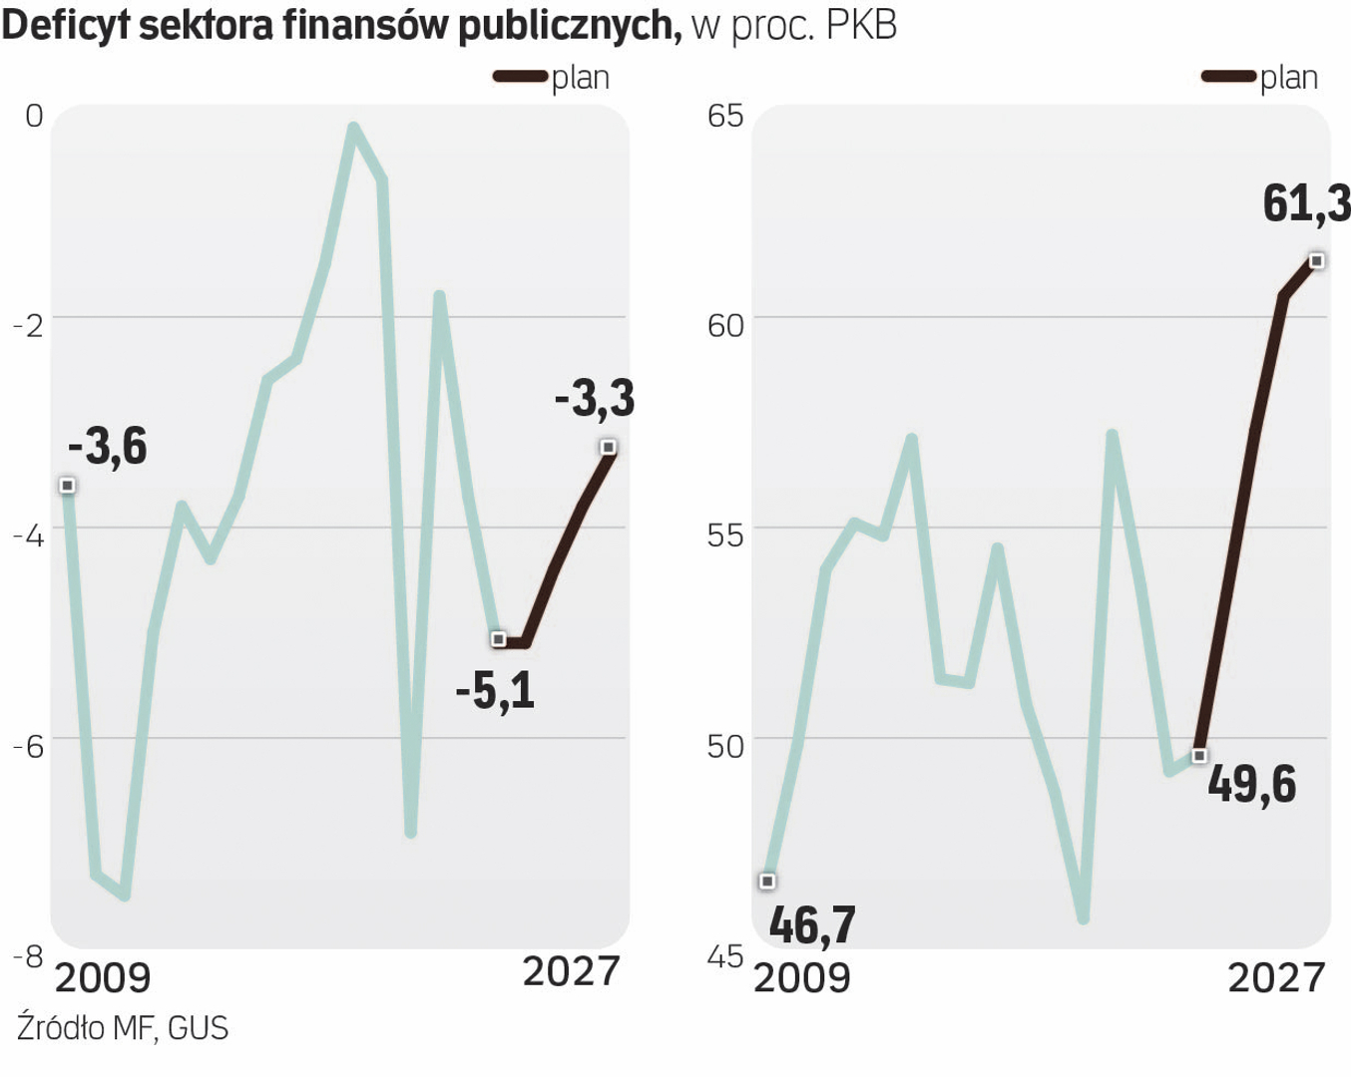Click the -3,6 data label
pos(108,446)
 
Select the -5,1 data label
pos(495,690)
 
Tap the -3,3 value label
pos(595,399)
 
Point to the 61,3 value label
pos(1306,204)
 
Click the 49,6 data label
pos(1251,785)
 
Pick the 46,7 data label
pos(812,925)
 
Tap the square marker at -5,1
pos(499,638)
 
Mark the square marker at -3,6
pos(68,486)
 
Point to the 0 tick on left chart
pos(34,116)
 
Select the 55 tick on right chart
pos(725,536)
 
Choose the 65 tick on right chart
pos(725,116)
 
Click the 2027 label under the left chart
pos(571,970)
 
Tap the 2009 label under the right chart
pos(802,977)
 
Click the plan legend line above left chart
pos(520,77)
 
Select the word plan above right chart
pos(1289,78)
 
